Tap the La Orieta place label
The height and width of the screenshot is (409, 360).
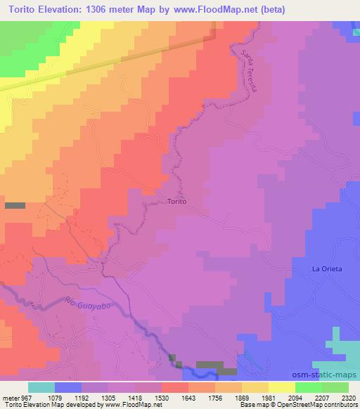coord(327,269)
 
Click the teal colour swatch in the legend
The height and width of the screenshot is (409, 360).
coord(41,387)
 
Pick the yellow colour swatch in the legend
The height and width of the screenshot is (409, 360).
coord(282,387)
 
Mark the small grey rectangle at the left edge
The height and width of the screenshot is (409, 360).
coord(15,205)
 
